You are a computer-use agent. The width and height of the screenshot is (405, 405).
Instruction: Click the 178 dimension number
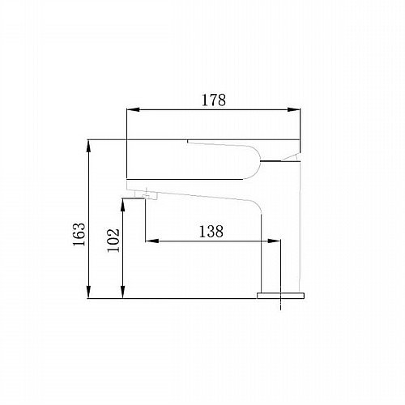tap(214, 100)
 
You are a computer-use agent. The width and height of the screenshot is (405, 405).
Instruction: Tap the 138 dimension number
tap(211, 232)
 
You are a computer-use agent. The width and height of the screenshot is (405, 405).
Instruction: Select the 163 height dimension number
tap(79, 234)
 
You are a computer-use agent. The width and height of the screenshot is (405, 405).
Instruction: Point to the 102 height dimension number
tap(113, 241)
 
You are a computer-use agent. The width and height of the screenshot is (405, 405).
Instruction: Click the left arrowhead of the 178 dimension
tap(133, 109)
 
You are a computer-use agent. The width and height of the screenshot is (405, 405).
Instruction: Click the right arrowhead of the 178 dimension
tap(294, 109)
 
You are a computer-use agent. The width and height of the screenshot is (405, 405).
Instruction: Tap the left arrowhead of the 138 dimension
tap(152, 241)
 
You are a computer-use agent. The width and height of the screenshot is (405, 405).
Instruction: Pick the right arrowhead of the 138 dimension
tap(274, 241)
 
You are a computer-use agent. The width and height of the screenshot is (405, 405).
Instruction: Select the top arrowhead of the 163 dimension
tap(88, 146)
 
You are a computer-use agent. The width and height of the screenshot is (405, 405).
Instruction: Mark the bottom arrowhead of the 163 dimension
tap(88, 292)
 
